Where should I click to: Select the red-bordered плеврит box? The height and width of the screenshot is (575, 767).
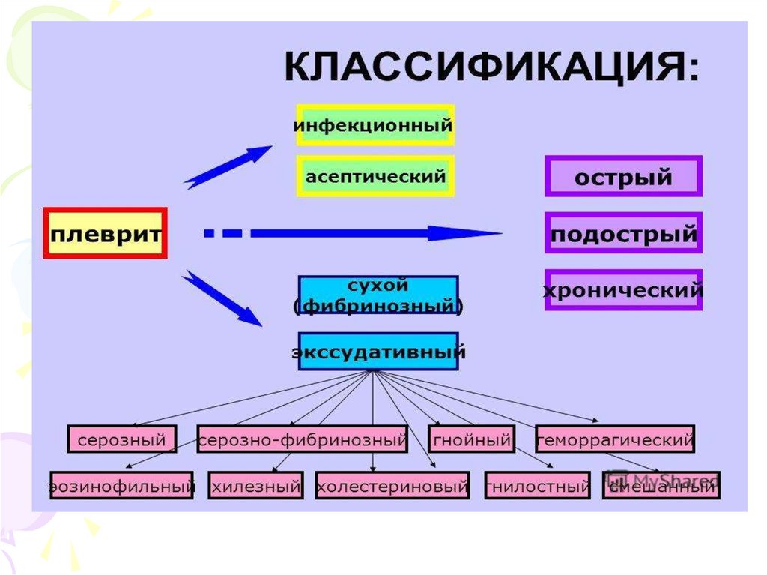point(106,233)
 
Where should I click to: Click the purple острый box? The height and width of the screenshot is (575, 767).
point(623,177)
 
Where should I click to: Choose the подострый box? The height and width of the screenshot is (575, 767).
point(623,235)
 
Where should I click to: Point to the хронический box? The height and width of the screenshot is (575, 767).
point(623,290)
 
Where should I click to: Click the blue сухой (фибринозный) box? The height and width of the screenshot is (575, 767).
point(378,295)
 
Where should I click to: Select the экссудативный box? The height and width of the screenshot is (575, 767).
point(378,352)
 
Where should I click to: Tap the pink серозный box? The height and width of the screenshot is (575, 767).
point(122,439)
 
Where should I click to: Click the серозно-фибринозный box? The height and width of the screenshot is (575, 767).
point(303,439)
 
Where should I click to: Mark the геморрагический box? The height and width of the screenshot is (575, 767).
point(615,439)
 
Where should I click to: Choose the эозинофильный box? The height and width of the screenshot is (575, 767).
point(121,486)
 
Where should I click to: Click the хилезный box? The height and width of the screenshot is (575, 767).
point(256,486)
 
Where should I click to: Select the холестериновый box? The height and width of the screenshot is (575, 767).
point(392,486)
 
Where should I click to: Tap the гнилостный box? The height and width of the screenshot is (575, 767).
point(538,486)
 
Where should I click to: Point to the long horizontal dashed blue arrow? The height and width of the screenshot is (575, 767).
point(352,234)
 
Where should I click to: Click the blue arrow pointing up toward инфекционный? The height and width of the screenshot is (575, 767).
point(228,166)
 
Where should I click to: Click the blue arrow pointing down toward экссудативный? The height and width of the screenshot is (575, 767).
point(222,299)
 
